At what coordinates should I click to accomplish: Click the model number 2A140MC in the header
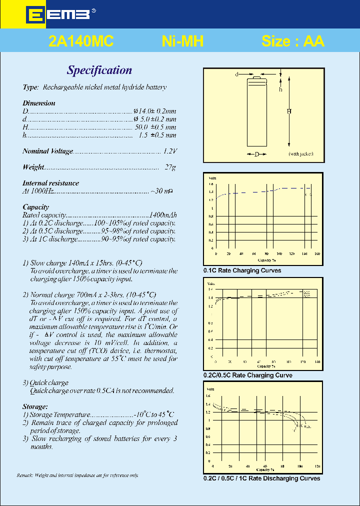(81, 41)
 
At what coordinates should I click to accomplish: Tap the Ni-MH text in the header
(182, 41)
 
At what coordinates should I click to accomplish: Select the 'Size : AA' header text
(293, 41)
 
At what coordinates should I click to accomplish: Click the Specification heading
(99, 70)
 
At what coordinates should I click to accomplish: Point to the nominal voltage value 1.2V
(170, 151)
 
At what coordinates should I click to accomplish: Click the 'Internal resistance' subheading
(50, 183)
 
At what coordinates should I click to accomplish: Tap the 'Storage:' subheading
(35, 406)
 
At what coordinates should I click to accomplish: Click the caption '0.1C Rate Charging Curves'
(242, 270)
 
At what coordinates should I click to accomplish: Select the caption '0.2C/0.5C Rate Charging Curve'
(247, 375)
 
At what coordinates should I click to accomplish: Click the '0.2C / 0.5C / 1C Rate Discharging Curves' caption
(261, 478)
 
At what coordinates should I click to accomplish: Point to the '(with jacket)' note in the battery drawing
(300, 154)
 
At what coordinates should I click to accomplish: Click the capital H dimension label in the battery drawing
(288, 111)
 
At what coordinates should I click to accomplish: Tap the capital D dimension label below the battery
(257, 154)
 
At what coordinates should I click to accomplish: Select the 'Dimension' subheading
(39, 103)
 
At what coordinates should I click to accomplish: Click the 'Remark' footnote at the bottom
(77, 475)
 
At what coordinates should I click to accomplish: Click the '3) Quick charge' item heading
(45, 382)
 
